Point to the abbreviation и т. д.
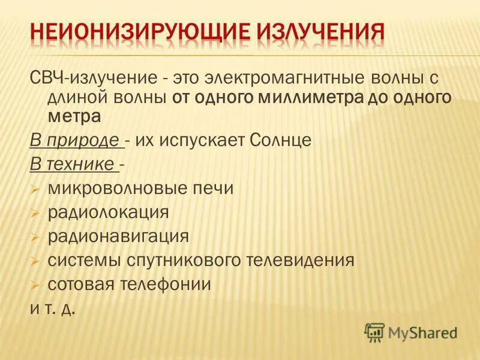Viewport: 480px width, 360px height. click(53, 310)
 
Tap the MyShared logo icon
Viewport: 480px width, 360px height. click(375, 331)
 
